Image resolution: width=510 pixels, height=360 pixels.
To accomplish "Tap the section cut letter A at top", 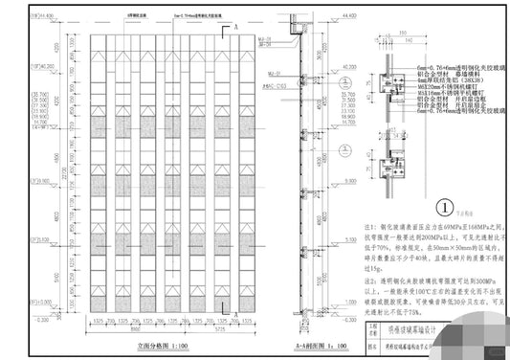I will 236,30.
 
